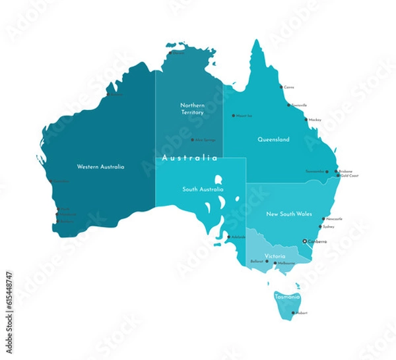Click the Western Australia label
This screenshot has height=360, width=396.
coord(100,167)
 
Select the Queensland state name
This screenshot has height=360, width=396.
coord(273,140)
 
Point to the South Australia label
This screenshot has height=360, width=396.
coord(201,189)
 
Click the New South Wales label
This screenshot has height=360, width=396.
coord(289,214)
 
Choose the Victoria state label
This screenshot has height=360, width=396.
coord(275,255)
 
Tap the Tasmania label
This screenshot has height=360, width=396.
coord(287,297)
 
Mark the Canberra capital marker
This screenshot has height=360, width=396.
coord(304,242)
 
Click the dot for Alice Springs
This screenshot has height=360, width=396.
coord(192,140)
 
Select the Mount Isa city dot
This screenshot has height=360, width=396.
coord(233,115)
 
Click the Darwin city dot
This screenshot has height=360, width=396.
coord(170,53)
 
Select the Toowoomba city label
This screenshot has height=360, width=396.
coord(315,171)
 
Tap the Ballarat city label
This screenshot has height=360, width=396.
coord(257,262)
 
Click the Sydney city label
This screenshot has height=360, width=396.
coord(329,227)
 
